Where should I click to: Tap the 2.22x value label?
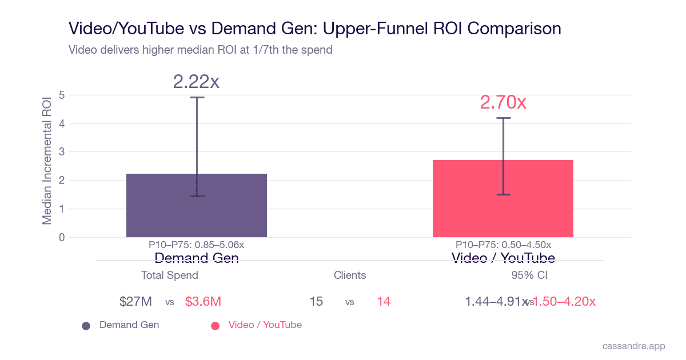coord(196,82)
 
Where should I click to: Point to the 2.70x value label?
coord(503,102)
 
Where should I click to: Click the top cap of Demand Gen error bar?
coord(197,98)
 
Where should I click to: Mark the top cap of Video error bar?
coord(504,118)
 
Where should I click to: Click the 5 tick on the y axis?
coord(62,95)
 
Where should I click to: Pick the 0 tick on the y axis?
coord(62,237)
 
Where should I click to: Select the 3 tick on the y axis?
coord(62,152)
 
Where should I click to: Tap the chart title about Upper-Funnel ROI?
coord(314,28)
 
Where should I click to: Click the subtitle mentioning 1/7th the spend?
coord(200,50)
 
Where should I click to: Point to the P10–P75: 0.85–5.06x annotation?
coord(196,245)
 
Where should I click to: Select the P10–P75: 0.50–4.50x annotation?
coord(503,245)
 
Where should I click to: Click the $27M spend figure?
coord(135,302)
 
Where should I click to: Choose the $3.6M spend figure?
coord(203,302)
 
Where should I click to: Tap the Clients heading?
coord(350,275)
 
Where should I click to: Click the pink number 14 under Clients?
coord(384,302)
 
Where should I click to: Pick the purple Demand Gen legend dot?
coord(86,326)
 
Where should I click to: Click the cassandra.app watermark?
coord(634,346)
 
